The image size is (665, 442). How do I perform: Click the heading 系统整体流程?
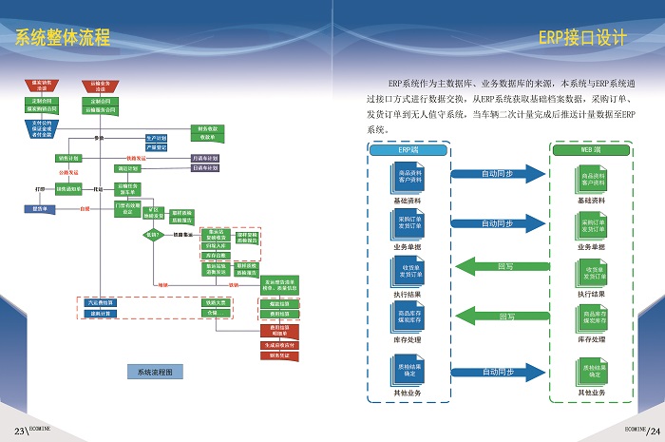coord(63,39)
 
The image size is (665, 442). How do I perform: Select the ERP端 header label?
coord(408,150)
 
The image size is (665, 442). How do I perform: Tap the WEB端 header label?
coord(590,150)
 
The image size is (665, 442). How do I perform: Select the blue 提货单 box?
coord(39,207)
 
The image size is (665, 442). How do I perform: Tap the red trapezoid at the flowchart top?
coord(40,86)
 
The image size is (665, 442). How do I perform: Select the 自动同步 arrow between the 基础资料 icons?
coord(498,175)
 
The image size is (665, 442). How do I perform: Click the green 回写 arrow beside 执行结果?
coord(498,266)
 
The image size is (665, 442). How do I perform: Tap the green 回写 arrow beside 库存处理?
coord(498,316)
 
